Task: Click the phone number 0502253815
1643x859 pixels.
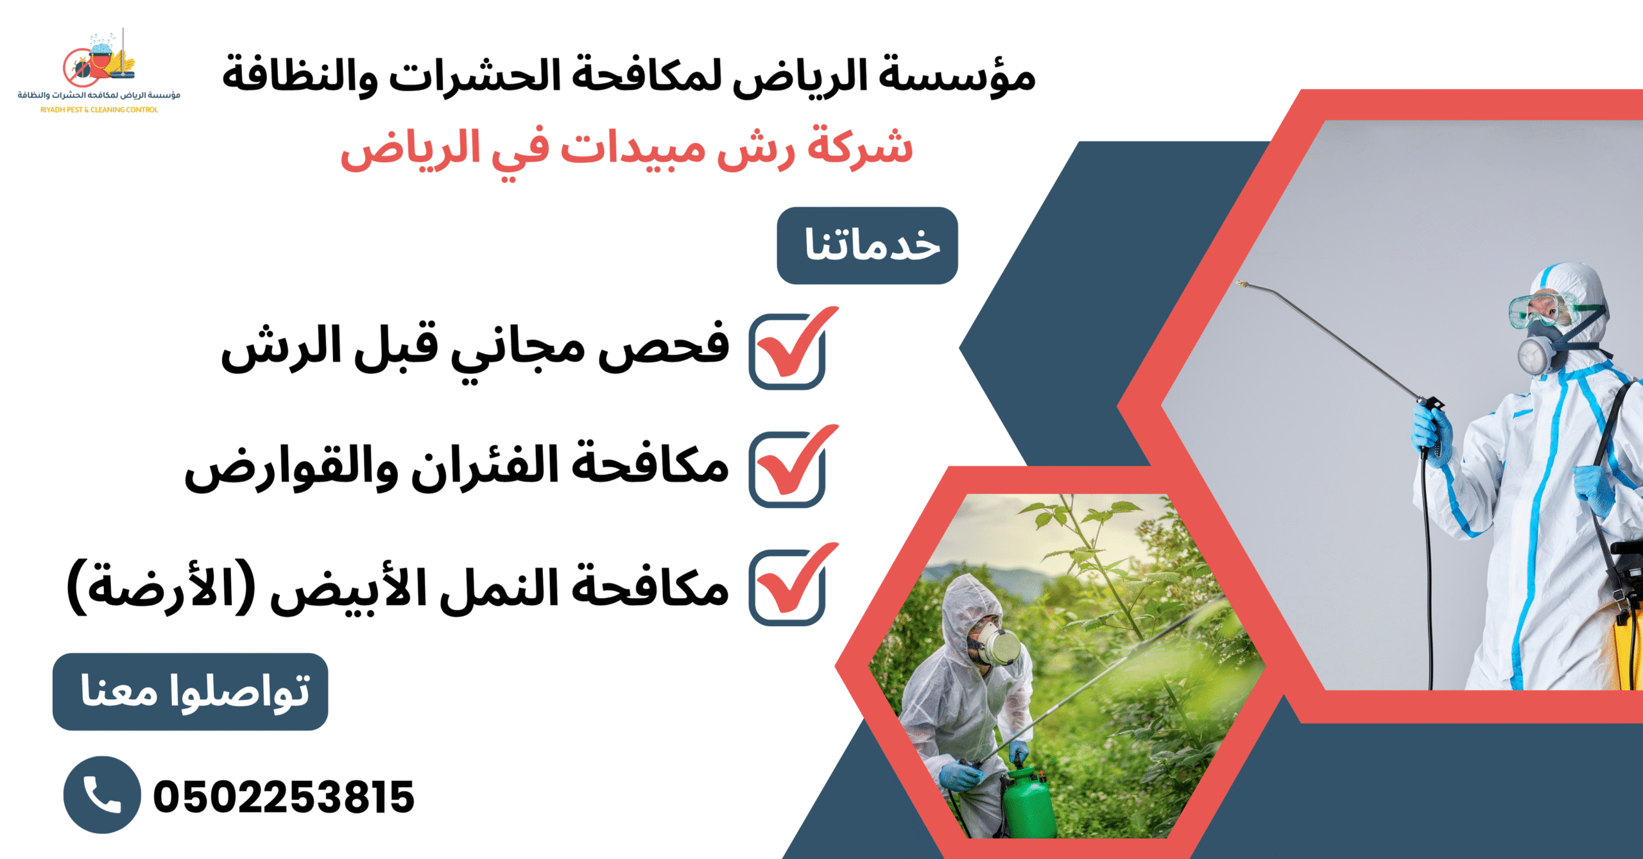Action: pos(284,797)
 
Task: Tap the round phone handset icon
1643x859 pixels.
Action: pos(102,795)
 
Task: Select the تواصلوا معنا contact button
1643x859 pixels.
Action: pos(191,692)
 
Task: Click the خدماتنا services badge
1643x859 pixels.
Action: pos(867,246)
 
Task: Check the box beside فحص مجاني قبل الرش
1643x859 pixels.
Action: pos(787,352)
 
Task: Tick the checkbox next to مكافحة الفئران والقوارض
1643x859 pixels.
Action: pos(787,470)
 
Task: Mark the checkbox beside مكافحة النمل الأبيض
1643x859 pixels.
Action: pos(787,588)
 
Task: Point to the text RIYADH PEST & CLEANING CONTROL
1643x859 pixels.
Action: pos(99,110)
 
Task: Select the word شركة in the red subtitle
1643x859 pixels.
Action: pos(860,148)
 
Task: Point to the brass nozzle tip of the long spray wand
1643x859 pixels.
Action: pos(1242,283)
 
